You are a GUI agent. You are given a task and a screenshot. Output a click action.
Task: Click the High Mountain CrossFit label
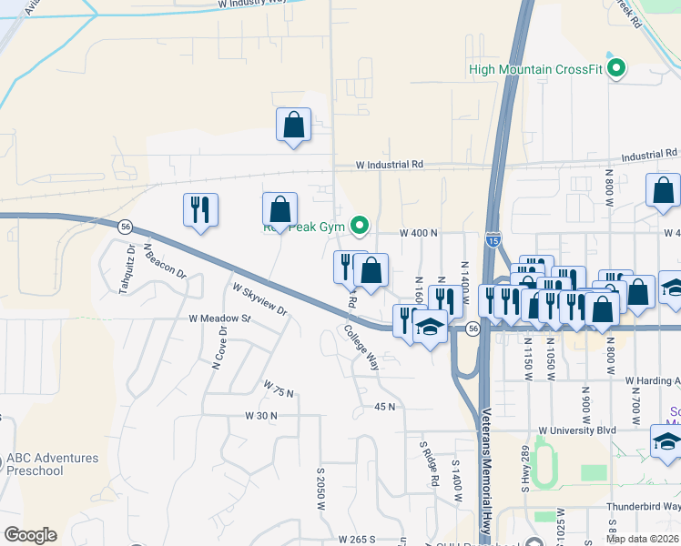[x=535, y=68]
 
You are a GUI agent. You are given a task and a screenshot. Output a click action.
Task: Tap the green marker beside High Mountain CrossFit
[x=617, y=68]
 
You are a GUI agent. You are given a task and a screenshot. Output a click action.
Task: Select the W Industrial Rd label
[x=390, y=165]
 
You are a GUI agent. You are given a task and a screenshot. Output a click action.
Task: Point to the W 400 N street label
[x=420, y=233]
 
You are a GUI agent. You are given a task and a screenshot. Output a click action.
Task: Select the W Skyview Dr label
[x=259, y=299]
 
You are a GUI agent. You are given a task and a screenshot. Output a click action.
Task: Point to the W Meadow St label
[x=219, y=319]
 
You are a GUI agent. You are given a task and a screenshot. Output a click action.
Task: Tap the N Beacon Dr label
[x=164, y=260]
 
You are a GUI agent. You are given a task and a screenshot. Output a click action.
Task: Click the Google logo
[x=30, y=535]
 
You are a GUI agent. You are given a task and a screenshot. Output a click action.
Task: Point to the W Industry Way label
[x=253, y=5]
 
